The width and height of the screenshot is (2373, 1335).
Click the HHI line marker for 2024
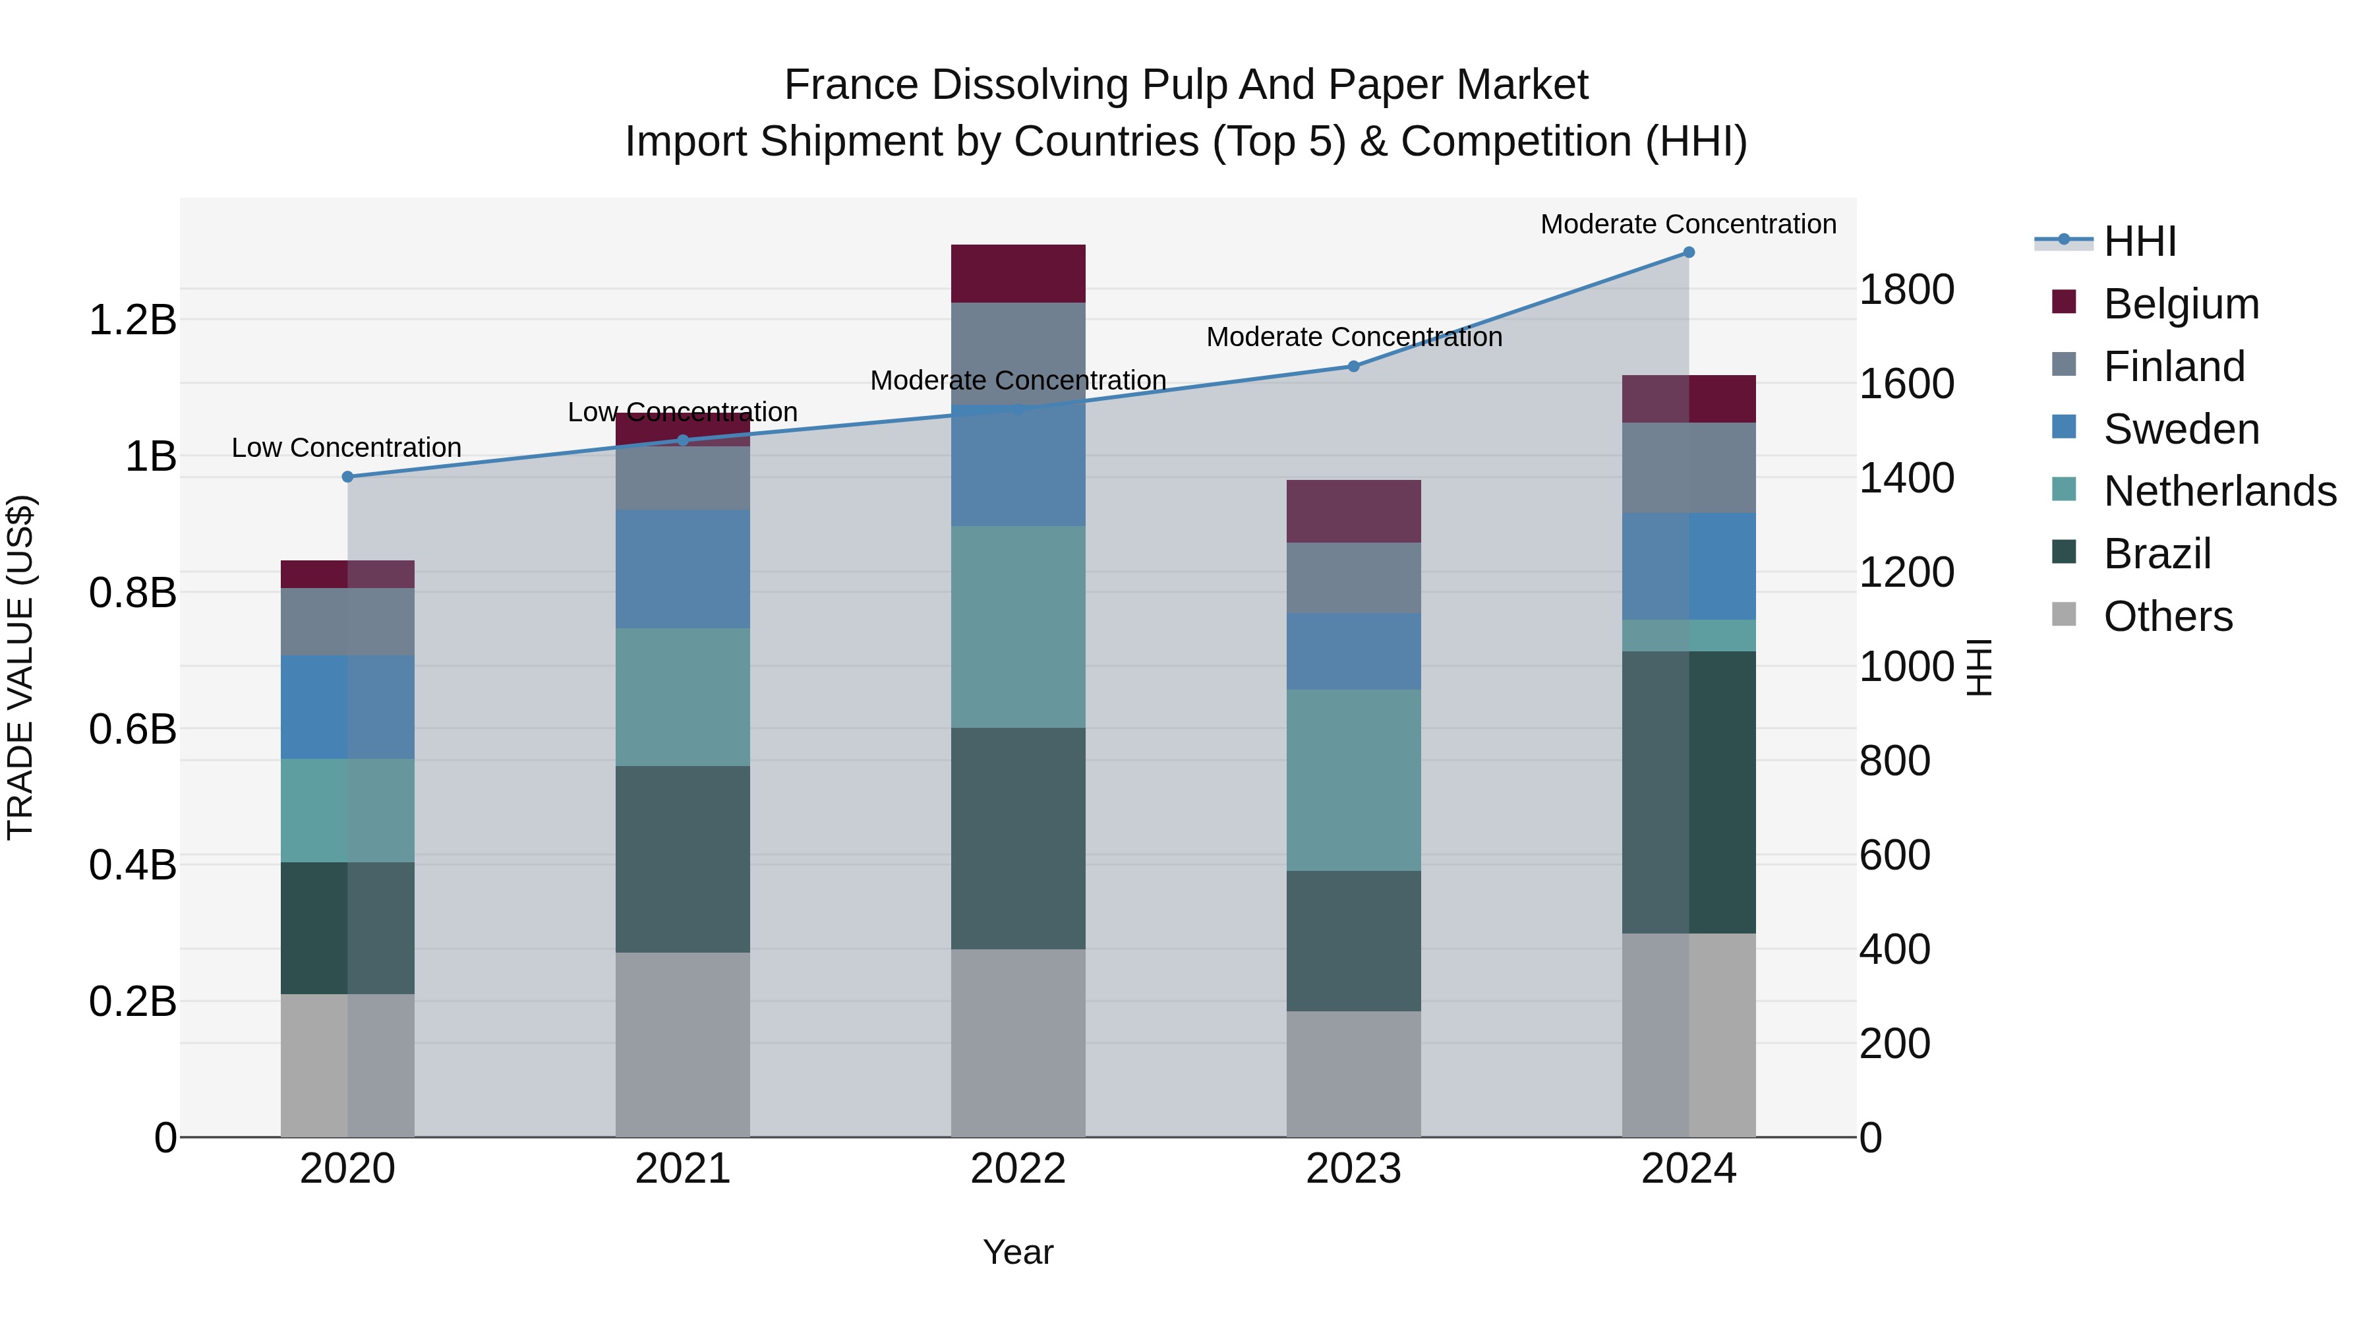pyautogui.click(x=1689, y=252)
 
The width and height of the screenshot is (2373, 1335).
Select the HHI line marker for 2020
pyautogui.click(x=347, y=477)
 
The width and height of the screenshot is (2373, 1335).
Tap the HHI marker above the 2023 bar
pyautogui.click(x=1353, y=367)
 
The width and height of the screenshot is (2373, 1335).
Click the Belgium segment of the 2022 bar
pyautogui.click(x=1018, y=274)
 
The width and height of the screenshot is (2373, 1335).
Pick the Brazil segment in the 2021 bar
pyautogui.click(x=683, y=858)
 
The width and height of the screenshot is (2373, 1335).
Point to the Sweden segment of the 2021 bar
pyautogui.click(x=683, y=570)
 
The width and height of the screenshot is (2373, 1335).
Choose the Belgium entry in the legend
pyautogui.click(x=2181, y=304)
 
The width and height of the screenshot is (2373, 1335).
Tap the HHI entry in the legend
pyautogui.click(x=2139, y=241)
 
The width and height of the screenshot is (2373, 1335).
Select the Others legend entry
pyautogui.click(x=2167, y=616)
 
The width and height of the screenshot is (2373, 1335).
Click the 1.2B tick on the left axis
pyautogui.click(x=132, y=320)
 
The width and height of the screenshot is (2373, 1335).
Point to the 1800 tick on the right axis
pyautogui.click(x=1906, y=289)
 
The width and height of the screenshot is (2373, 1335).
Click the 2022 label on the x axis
pyautogui.click(x=1018, y=1169)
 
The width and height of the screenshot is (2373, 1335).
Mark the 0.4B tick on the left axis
pyautogui.click(x=132, y=865)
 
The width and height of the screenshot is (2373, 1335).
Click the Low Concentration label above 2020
pyautogui.click(x=346, y=448)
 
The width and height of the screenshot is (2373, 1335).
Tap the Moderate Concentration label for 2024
pyautogui.click(x=1687, y=224)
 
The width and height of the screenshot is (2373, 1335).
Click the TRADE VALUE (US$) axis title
pyautogui.click(x=20, y=667)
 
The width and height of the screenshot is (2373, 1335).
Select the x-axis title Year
pyautogui.click(x=1018, y=1252)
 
